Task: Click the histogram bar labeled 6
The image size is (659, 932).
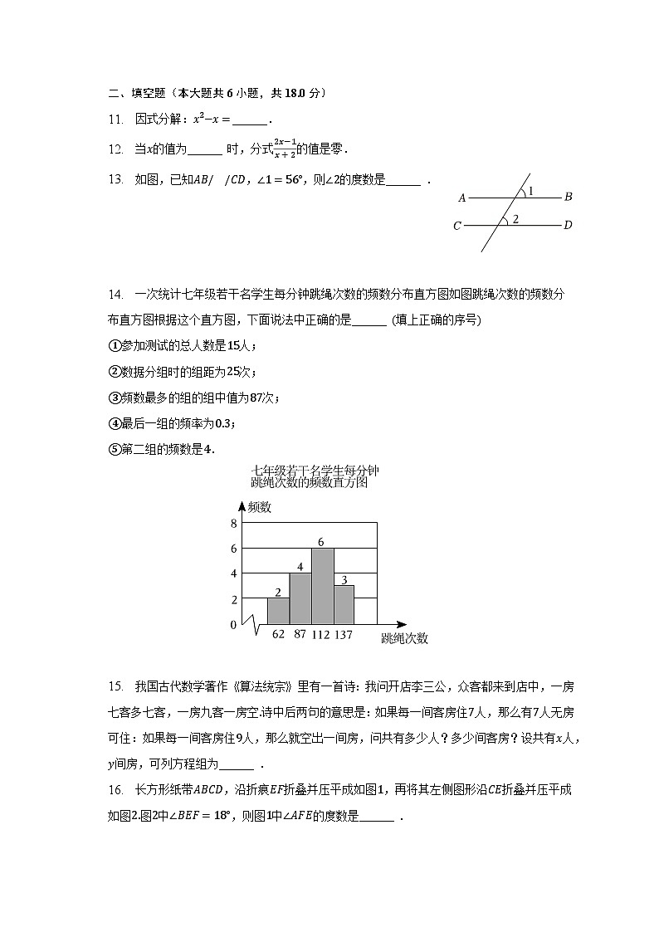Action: coord(323,586)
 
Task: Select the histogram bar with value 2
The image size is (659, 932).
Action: coord(278,611)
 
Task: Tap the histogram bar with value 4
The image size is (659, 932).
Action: coord(300,598)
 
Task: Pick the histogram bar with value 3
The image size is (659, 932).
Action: coord(344,604)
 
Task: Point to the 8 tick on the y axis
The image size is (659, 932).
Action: coord(234,523)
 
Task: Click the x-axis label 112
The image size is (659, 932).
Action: coord(321,635)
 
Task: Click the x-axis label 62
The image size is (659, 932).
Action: coord(278,635)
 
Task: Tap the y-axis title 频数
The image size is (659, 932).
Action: coord(258,507)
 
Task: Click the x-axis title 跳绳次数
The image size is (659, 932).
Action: coord(404,638)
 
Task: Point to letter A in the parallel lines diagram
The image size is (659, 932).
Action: coord(461,198)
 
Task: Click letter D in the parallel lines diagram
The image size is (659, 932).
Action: coord(568,225)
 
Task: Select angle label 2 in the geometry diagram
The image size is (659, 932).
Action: coord(515,219)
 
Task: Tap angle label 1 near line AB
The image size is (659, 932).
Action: coord(530,191)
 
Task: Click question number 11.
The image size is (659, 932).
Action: coord(115,120)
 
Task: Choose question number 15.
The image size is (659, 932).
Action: coord(115,686)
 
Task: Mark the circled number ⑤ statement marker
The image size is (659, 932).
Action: coord(115,450)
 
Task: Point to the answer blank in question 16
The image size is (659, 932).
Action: coord(378,817)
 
